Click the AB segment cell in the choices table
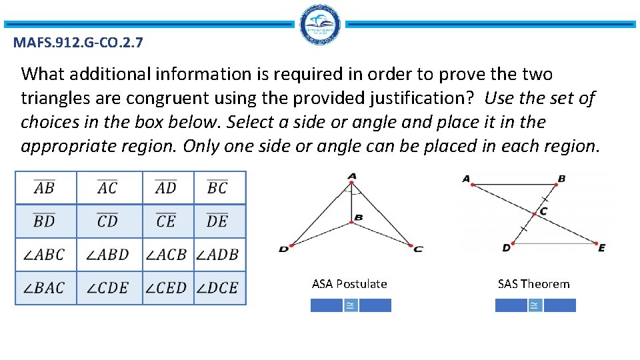coord(45,188)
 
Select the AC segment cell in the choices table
coord(109,188)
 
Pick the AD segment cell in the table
coord(167,188)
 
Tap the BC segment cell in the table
coord(219,188)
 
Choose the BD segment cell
coord(45,221)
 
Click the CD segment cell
coord(109,221)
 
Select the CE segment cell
coord(167,221)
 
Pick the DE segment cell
coord(219,221)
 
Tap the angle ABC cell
coord(45,255)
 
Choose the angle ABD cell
coord(109,255)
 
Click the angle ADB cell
coord(219,255)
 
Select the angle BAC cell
coord(45,288)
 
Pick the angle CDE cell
coord(109,288)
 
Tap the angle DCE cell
coord(219,288)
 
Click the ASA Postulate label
coord(349,284)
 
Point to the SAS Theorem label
coord(534,284)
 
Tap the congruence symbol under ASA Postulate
coord(350,305)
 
